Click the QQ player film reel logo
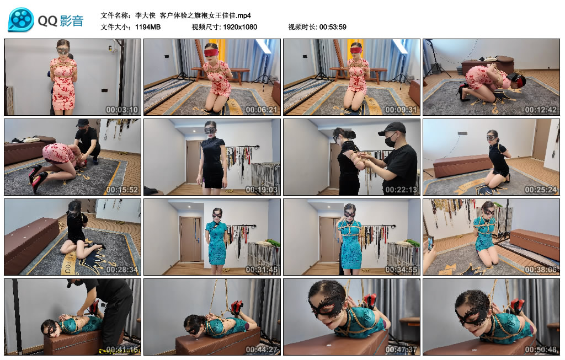click(x=21, y=20)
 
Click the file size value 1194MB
click(x=148, y=26)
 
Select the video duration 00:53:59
click(x=332, y=26)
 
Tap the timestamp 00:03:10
click(x=122, y=109)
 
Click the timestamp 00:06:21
click(x=262, y=109)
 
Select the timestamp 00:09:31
click(x=401, y=109)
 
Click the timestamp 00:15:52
click(x=122, y=189)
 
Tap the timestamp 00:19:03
click(x=262, y=189)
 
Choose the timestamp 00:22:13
click(x=401, y=189)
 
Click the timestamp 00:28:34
click(x=122, y=269)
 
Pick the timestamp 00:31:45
click(x=262, y=269)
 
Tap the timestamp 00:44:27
click(x=262, y=349)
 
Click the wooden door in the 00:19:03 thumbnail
click(x=193, y=162)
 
